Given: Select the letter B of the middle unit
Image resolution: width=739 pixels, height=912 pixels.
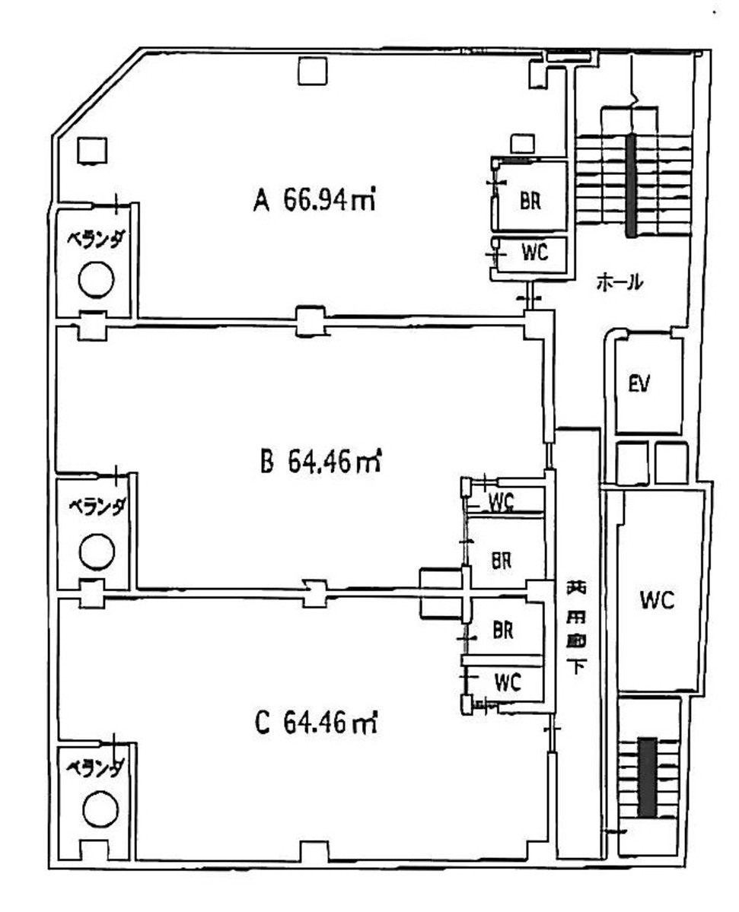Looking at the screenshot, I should pyautogui.click(x=266, y=462).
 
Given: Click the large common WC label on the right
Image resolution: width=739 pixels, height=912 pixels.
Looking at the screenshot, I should pyautogui.click(x=658, y=600).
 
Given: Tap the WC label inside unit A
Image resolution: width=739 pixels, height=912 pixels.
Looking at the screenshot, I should pyautogui.click(x=534, y=253).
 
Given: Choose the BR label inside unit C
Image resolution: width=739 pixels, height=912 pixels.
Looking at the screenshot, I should pyautogui.click(x=503, y=631).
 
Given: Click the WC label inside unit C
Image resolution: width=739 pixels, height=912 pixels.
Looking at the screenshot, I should pyautogui.click(x=507, y=682).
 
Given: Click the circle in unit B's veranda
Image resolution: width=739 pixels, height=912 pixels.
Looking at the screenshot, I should pyautogui.click(x=97, y=550).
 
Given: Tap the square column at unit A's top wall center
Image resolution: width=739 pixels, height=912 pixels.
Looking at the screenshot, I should pyautogui.click(x=312, y=72).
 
